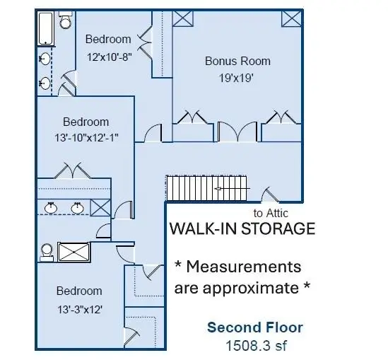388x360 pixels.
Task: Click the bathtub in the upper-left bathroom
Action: pyautogui.click(x=46, y=28)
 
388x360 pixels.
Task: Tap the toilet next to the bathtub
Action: pyautogui.click(x=66, y=20)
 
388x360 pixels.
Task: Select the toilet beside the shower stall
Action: pyautogui.click(x=47, y=252)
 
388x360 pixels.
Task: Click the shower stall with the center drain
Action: pyautogui.click(x=74, y=252)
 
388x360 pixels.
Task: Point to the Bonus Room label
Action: pyautogui.click(x=237, y=61)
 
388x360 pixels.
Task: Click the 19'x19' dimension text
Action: pyautogui.click(x=236, y=78)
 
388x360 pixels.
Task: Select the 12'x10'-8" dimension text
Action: pyautogui.click(x=109, y=57)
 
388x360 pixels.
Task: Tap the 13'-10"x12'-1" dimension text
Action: pyautogui.click(x=86, y=138)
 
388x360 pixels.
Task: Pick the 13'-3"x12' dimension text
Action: pyautogui.click(x=80, y=310)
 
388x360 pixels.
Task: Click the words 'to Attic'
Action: pyautogui.click(x=271, y=213)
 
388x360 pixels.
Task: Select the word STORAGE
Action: pyautogui.click(x=278, y=228)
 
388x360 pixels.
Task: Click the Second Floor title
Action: pyautogui.click(x=255, y=327)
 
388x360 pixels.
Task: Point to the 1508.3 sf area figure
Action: pyautogui.click(x=257, y=346)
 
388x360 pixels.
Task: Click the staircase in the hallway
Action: pyautogui.click(x=207, y=188)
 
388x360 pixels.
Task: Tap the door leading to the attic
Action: pyautogui.click(x=270, y=194)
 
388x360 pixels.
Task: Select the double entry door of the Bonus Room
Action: pyautogui.click(x=237, y=132)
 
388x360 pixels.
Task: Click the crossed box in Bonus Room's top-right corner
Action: pyautogui.click(x=291, y=18)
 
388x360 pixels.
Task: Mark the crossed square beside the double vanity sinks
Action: pyautogui.click(x=100, y=207)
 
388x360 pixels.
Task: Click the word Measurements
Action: pyautogui.click(x=244, y=267)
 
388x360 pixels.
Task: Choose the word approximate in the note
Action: pyautogui.click(x=251, y=289)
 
